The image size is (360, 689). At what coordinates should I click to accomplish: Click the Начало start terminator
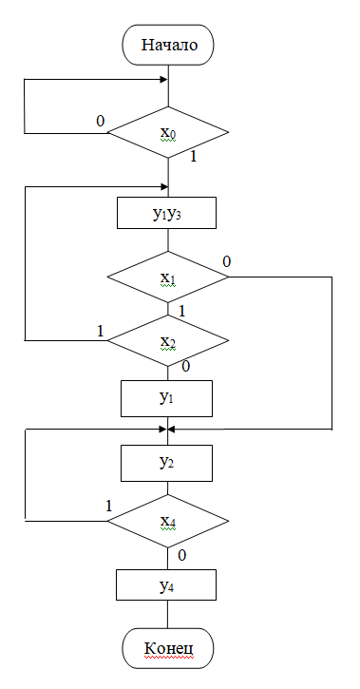pos(168,45)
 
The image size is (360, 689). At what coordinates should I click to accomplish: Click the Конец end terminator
pos(168,650)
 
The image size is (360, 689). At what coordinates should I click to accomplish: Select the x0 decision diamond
pos(168,132)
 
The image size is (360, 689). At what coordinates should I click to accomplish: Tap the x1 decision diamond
pos(168,278)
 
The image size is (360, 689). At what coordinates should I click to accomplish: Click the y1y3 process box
pos(168,213)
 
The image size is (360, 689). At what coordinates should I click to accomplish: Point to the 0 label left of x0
pos(100,122)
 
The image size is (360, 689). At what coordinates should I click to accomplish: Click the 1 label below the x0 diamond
pos(193,156)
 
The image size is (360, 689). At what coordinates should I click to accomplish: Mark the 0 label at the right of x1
pos(226,261)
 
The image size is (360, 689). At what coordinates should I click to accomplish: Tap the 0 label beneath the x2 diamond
pos(185,366)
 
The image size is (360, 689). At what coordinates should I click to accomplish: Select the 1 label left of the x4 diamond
pos(108,506)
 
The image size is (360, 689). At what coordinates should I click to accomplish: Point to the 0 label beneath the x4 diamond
pos(183,554)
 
